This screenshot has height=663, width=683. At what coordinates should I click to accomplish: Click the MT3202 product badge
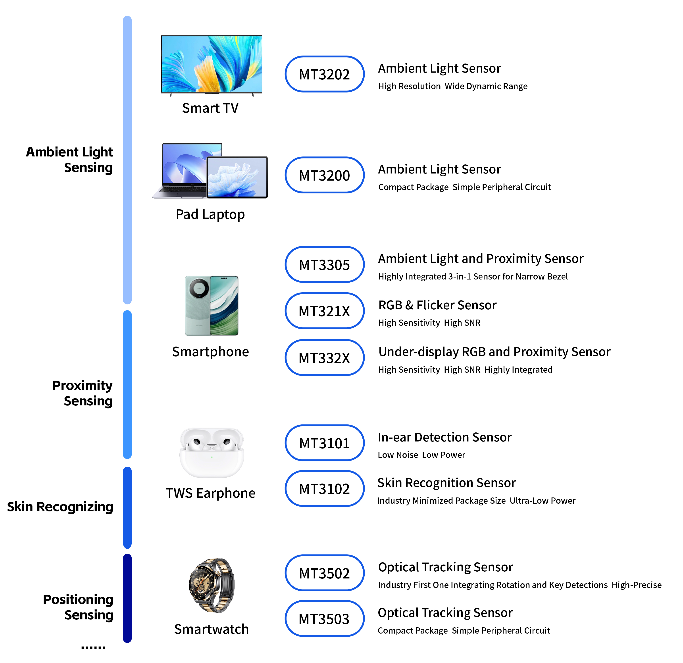pos(324,74)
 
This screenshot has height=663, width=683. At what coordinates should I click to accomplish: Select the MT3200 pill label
pos(324,175)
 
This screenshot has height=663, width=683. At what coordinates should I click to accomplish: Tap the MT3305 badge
pos(324,265)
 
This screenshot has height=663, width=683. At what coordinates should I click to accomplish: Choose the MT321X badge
pos(324,311)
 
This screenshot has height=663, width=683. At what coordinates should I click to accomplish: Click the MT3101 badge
pos(324,443)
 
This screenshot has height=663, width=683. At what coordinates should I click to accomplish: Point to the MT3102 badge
pos(324,489)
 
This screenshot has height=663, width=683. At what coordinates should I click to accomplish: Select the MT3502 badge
pos(324,573)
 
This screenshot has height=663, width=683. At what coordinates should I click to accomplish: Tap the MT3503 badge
pos(324,619)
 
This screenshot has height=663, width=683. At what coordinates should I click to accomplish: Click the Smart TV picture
pos(212,64)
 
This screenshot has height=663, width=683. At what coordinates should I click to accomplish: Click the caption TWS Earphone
pos(210,493)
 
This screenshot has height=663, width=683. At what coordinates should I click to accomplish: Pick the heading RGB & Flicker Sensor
pos(437,305)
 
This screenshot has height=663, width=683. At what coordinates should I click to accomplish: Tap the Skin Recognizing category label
pos(60,507)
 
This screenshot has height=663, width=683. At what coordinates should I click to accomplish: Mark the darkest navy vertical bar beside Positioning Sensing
pos(127,598)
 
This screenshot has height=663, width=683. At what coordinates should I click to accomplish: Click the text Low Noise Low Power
pos(421,455)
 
